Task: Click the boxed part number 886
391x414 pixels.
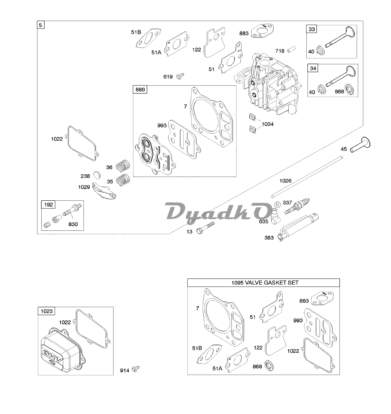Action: tap(140, 90)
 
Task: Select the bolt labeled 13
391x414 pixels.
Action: tap(206, 228)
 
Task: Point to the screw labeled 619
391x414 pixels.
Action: tap(180, 76)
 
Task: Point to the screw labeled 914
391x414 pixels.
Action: tap(136, 368)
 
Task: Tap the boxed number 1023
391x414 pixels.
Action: tap(46, 311)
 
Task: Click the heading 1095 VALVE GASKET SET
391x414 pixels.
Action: tap(263, 283)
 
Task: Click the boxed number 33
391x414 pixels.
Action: tap(313, 29)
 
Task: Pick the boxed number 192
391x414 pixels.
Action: tap(49, 204)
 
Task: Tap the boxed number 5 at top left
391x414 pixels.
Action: tap(41, 25)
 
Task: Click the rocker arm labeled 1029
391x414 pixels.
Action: tap(104, 191)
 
